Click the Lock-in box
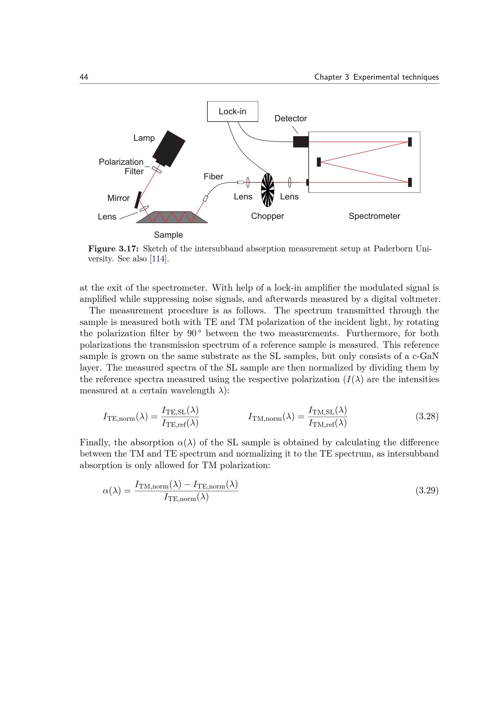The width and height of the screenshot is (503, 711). tap(232, 112)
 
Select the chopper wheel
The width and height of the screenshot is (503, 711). tap(268, 190)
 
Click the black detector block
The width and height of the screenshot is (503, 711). tap(300, 142)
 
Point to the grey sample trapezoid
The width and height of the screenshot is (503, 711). tap(172, 217)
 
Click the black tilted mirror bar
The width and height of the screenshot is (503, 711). tap(138, 200)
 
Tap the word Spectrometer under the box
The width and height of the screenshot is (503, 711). tap(374, 216)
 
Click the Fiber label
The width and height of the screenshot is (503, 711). tap(213, 177)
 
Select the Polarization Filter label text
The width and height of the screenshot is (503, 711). tap(121, 166)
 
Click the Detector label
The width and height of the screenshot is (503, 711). tap(290, 119)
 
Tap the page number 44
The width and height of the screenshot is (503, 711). tap(84, 77)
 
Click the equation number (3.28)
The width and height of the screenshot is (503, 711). tap(427, 416)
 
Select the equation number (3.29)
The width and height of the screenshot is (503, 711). tap(427, 491)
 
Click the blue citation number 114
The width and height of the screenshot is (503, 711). tap(158, 259)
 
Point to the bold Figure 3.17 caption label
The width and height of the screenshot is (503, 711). tap(113, 249)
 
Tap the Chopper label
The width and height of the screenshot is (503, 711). tap(267, 216)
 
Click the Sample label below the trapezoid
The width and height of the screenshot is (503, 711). tap(168, 235)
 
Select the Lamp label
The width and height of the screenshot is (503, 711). tap(144, 138)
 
